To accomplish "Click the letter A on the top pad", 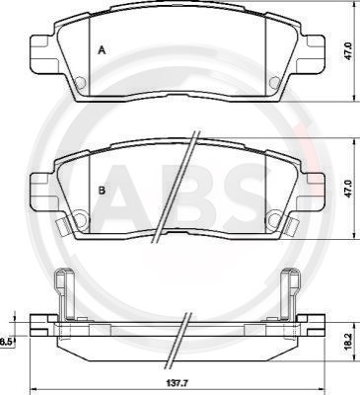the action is point(103,50).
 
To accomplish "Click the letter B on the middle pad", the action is point(103,191).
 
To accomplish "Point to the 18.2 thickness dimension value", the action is point(348,342).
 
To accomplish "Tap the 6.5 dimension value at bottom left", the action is point(6,342).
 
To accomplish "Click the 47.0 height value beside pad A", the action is point(349,51).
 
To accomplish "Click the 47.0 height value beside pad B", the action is point(349,189).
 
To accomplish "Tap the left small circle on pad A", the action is point(80,82).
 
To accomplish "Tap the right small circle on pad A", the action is point(274,82).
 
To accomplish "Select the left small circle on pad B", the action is point(80,217).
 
